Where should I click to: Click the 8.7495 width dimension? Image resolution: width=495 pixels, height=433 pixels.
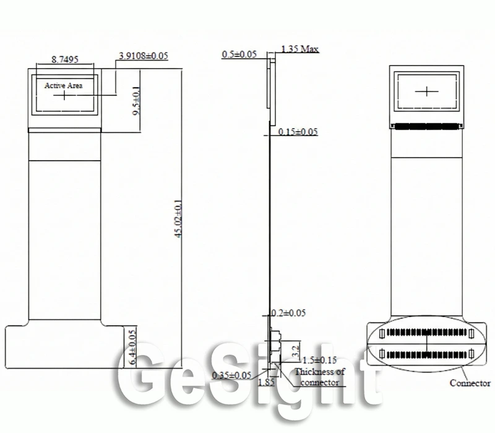pyautogui.click(x=65, y=59)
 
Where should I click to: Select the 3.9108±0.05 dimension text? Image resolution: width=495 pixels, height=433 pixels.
pyautogui.click(x=144, y=56)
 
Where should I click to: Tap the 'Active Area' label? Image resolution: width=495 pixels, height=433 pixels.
pyautogui.click(x=64, y=85)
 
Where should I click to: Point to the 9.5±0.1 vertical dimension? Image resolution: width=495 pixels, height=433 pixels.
pyautogui.click(x=136, y=101)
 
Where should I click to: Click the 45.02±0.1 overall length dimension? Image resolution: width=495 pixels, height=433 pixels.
pyautogui.click(x=179, y=218)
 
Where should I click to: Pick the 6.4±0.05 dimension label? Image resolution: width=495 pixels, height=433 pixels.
pyautogui.click(x=133, y=347)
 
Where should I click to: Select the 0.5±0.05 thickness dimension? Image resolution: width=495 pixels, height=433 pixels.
pyautogui.click(x=239, y=54)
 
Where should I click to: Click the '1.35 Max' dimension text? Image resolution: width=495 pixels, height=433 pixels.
pyautogui.click(x=300, y=49)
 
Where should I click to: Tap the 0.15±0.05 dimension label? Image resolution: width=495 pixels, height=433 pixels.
pyautogui.click(x=298, y=132)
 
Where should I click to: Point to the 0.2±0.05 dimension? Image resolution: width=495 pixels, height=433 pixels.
pyautogui.click(x=288, y=313)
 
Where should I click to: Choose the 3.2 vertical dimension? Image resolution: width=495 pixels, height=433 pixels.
pyautogui.click(x=296, y=351)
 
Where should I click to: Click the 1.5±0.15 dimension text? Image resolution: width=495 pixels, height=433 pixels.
pyautogui.click(x=319, y=360)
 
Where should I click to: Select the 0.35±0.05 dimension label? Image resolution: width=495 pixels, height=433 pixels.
pyautogui.click(x=231, y=375)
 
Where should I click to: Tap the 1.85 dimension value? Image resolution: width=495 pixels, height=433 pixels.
pyautogui.click(x=267, y=382)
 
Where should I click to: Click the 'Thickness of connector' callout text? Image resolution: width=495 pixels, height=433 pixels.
pyautogui.click(x=320, y=377)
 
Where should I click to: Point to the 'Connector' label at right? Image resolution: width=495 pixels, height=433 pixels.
pyautogui.click(x=470, y=383)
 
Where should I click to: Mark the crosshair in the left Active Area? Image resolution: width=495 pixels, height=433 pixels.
pyautogui.click(x=64, y=95)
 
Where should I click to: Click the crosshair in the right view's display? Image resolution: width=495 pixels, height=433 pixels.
pyautogui.click(x=427, y=92)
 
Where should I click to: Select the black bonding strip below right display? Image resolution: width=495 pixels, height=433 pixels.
pyautogui.click(x=427, y=126)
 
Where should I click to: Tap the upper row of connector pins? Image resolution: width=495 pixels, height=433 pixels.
pyautogui.click(x=426, y=332)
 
